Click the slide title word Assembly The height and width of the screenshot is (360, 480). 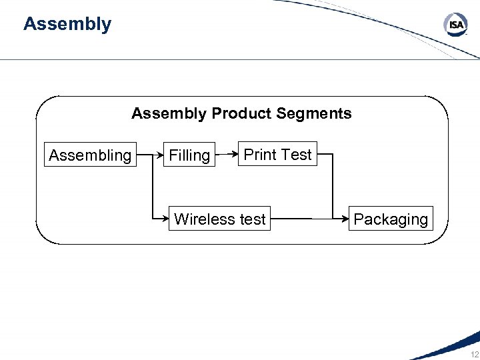pyautogui.click(x=67, y=25)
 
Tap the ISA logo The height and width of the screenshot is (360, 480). pyautogui.click(x=456, y=26)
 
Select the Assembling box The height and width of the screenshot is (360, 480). pyautogui.click(x=90, y=155)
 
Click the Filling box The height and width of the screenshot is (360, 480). pyautogui.click(x=189, y=155)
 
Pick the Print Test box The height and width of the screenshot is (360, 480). pyautogui.click(x=277, y=155)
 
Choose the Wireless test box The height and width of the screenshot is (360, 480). pyautogui.click(x=219, y=219)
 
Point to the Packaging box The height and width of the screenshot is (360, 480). pyautogui.click(x=391, y=219)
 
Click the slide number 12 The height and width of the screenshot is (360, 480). pyautogui.click(x=474, y=354)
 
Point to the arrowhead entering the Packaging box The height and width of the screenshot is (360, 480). pyautogui.click(x=345, y=218)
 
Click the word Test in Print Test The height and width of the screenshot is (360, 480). pyautogui.click(x=296, y=155)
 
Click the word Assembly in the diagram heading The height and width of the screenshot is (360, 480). pyautogui.click(x=169, y=113)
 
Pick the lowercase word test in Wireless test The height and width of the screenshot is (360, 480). pyautogui.click(x=253, y=219)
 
